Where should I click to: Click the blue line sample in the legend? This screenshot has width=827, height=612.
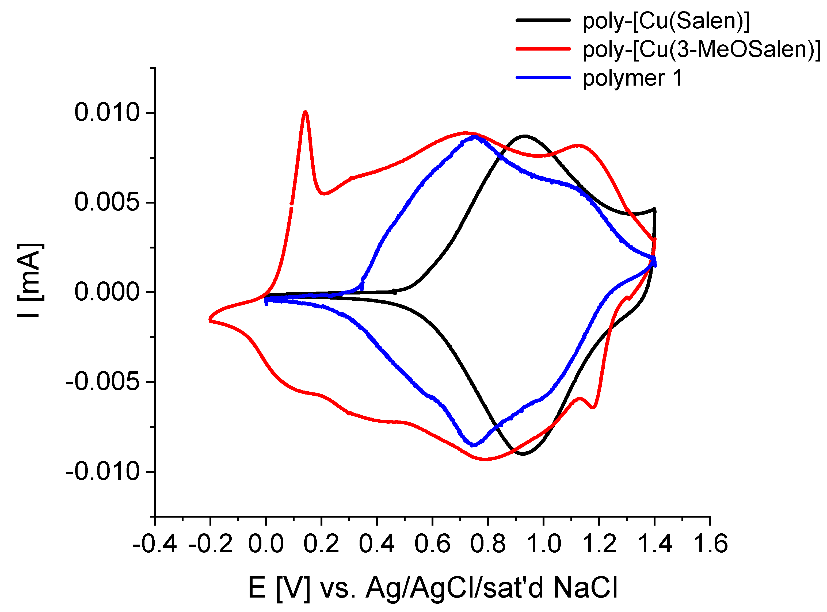[543, 77]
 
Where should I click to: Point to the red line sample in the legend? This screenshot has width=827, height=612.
[543, 48]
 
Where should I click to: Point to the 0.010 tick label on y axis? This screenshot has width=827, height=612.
[107, 113]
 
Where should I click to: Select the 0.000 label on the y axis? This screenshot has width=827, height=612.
[107, 292]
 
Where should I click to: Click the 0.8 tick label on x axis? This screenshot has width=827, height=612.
[487, 544]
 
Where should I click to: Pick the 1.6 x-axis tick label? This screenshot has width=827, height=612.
[710, 544]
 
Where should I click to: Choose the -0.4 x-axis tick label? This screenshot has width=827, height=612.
[154, 544]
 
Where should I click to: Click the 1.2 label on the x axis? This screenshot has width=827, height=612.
[599, 544]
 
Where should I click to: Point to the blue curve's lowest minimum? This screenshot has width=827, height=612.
[473, 445]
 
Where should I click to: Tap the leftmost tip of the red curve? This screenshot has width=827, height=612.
[210, 319]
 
